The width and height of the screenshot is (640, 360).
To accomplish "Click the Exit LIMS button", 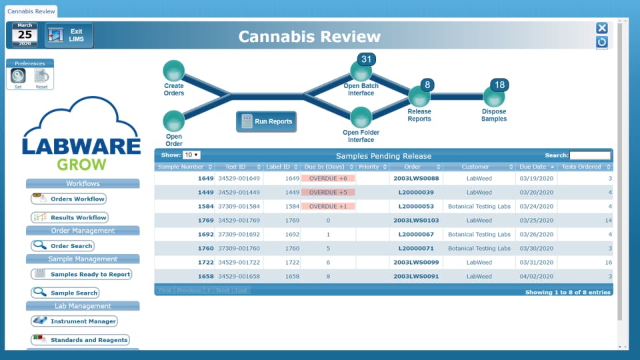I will coord(69,35).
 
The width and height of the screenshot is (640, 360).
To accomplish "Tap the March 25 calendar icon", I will coord(25,35).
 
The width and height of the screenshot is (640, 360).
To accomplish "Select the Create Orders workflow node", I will coord(173,71).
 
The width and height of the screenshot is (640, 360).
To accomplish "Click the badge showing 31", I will coord(366,59).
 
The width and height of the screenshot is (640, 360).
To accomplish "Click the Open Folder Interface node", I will coord(361,118).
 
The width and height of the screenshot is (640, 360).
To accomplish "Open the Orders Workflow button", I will coord(69,199).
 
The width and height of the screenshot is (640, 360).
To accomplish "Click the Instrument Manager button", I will coord(74,321).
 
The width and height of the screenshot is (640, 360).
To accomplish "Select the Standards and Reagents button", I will coord(80,340).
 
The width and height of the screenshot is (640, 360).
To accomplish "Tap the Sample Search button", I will coord(65,293).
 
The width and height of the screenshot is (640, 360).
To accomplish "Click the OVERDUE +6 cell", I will coord(327,179).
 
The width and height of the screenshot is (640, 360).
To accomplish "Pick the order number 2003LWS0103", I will coord(416,220).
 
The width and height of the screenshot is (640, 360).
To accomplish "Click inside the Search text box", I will coord(589,155).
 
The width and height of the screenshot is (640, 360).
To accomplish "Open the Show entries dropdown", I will coord(192,155).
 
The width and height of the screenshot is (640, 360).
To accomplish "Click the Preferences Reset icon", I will coord(41,76).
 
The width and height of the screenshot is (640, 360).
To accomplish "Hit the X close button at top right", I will coord(601,28).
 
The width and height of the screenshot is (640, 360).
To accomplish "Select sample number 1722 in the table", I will coord(205,262).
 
